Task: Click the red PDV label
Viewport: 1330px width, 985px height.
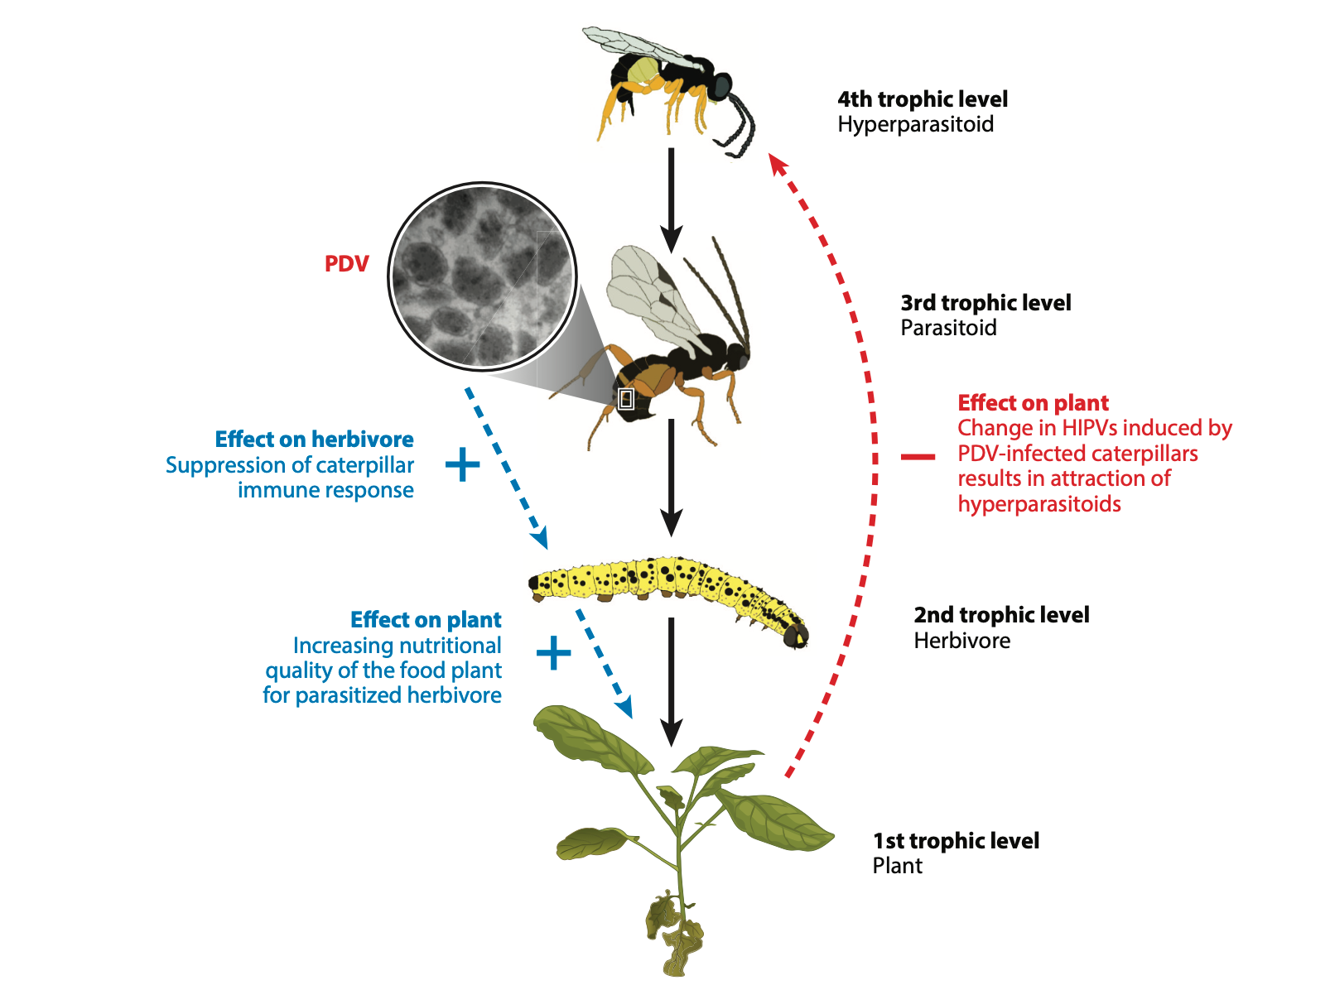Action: tap(346, 264)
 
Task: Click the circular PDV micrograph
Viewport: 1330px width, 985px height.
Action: tap(482, 276)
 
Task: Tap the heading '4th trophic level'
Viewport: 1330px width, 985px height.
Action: tap(923, 99)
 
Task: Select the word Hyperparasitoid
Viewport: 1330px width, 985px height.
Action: tap(915, 125)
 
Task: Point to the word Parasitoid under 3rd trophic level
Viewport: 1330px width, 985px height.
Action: tap(948, 328)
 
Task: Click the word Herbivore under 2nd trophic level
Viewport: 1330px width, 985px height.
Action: tap(961, 641)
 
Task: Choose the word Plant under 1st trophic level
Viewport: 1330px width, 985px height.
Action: tap(897, 866)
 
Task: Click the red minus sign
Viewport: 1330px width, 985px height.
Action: tap(918, 456)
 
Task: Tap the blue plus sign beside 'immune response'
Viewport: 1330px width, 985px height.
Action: tap(462, 464)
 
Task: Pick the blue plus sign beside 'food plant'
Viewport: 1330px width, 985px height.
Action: tap(553, 653)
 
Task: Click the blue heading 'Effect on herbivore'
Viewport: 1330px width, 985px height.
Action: tap(314, 440)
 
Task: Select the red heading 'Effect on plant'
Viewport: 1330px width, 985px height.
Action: tap(1033, 403)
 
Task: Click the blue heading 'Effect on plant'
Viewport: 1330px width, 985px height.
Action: tap(426, 620)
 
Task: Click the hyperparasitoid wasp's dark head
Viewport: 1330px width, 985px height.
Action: tap(721, 85)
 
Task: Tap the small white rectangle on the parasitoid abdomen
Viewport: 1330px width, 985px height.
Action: tap(626, 398)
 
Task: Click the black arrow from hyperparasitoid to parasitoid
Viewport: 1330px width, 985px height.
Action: tap(672, 199)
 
